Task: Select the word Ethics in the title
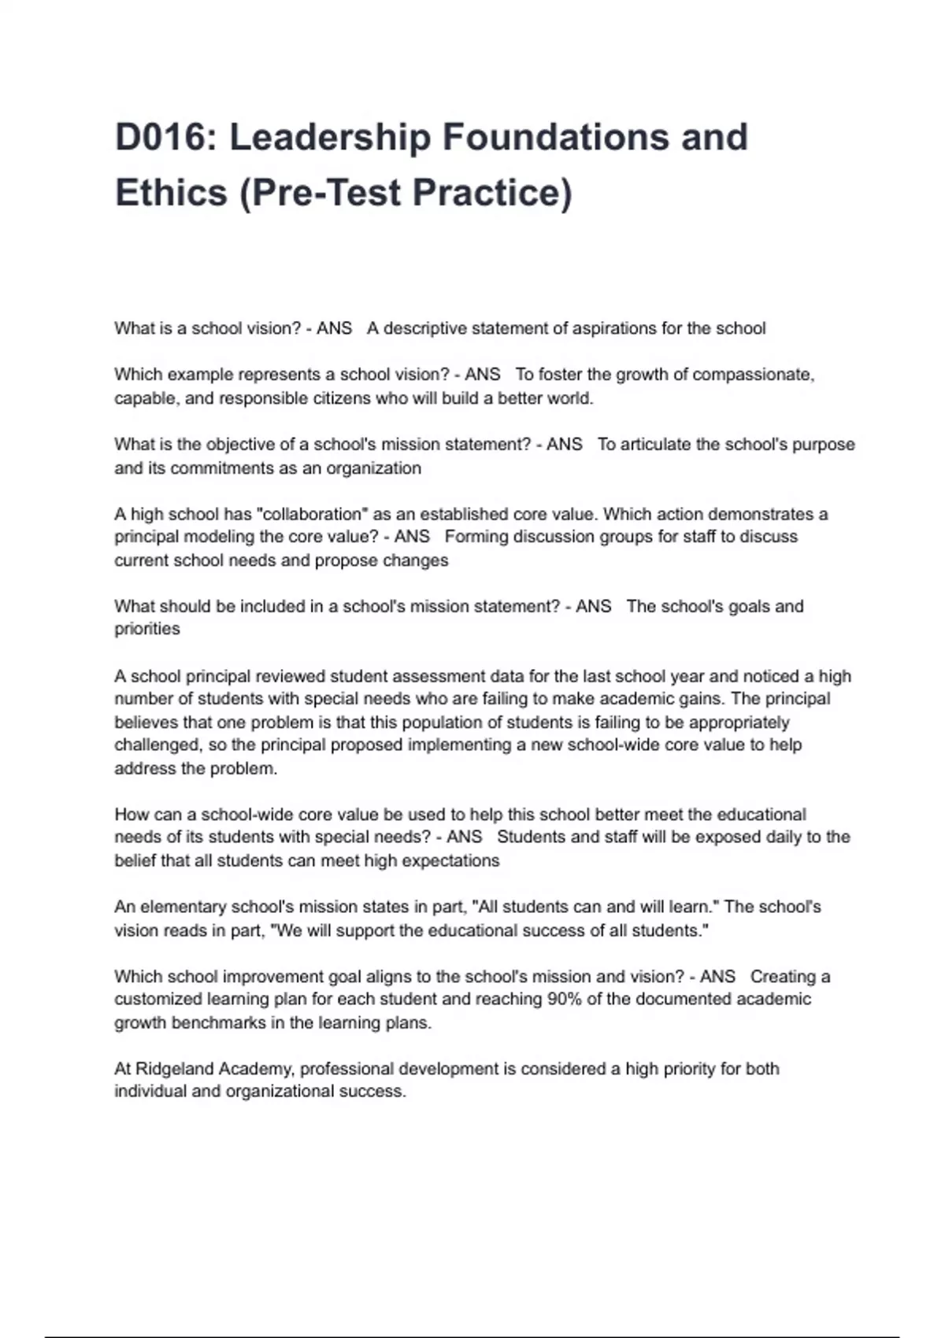171,193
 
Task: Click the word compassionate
753,375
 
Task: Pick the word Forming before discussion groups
478,537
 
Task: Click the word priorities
147,629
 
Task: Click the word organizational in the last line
280,1092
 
